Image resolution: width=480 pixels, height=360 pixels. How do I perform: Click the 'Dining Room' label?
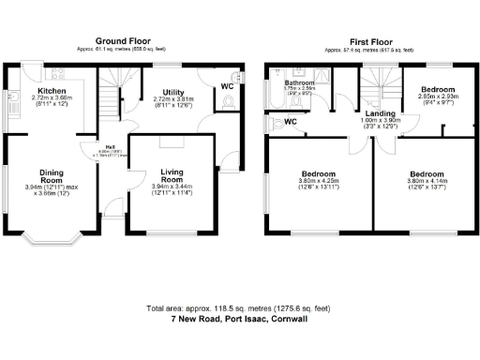(51, 176)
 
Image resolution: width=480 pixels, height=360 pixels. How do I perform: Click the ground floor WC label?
(227, 86)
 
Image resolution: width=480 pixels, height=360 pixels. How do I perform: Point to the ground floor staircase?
(111, 94)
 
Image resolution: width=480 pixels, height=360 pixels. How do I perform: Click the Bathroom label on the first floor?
(299, 83)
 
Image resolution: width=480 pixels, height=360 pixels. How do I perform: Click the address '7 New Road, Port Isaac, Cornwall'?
(239, 319)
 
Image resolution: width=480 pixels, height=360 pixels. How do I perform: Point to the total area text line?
(239, 308)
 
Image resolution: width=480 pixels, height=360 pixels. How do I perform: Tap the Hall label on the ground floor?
(110, 147)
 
